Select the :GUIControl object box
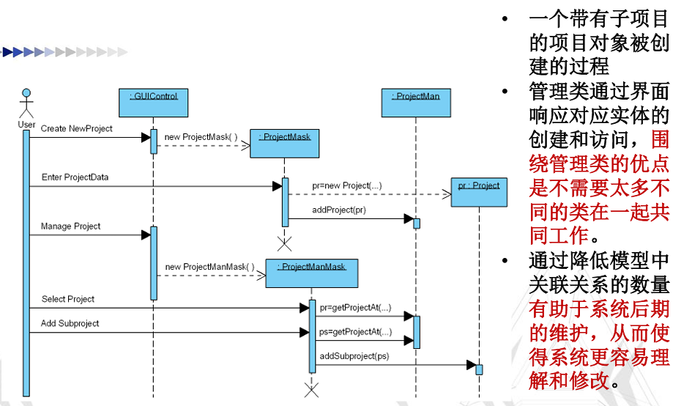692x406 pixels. click(154, 103)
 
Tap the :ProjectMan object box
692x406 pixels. click(416, 103)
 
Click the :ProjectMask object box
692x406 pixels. click(285, 144)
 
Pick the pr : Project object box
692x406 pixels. click(480, 192)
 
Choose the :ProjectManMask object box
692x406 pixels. click(312, 273)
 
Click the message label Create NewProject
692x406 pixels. click(77, 128)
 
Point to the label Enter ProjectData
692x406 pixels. click(75, 177)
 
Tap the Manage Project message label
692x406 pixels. click(70, 226)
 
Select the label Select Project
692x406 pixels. click(68, 299)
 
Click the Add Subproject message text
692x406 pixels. click(70, 323)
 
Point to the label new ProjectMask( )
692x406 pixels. click(201, 137)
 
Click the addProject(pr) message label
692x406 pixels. click(339, 210)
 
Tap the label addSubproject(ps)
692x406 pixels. click(354, 356)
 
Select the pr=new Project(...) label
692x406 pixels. click(347, 185)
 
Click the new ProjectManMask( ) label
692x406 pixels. click(209, 267)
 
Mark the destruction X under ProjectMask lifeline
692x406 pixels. click(285, 244)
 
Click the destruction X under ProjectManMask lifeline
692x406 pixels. click(311, 391)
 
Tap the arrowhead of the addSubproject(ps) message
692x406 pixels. click(472, 365)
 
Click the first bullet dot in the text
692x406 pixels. click(505, 18)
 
